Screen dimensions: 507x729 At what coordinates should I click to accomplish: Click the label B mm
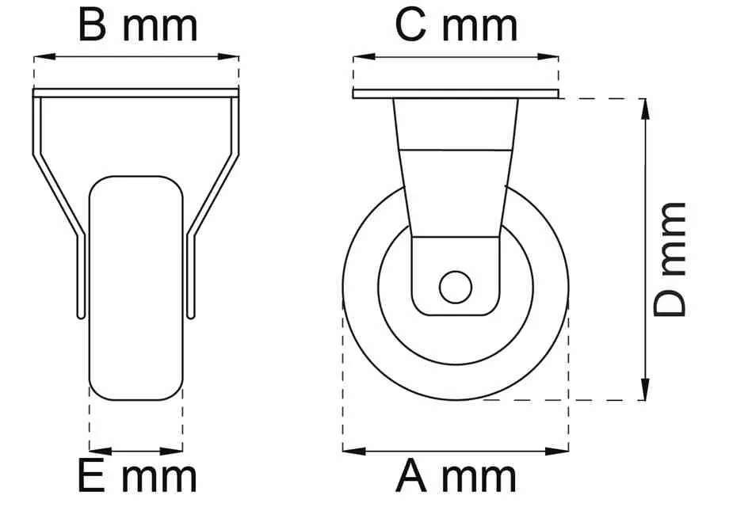coord(137,25)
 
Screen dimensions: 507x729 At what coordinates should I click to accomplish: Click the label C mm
coord(456,25)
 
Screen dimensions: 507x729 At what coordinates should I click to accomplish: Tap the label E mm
coord(136,477)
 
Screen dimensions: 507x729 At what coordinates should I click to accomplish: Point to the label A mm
coord(456,477)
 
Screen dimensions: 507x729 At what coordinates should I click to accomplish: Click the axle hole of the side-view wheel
coord(455,287)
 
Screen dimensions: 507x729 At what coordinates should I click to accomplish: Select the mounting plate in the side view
coord(456,94)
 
